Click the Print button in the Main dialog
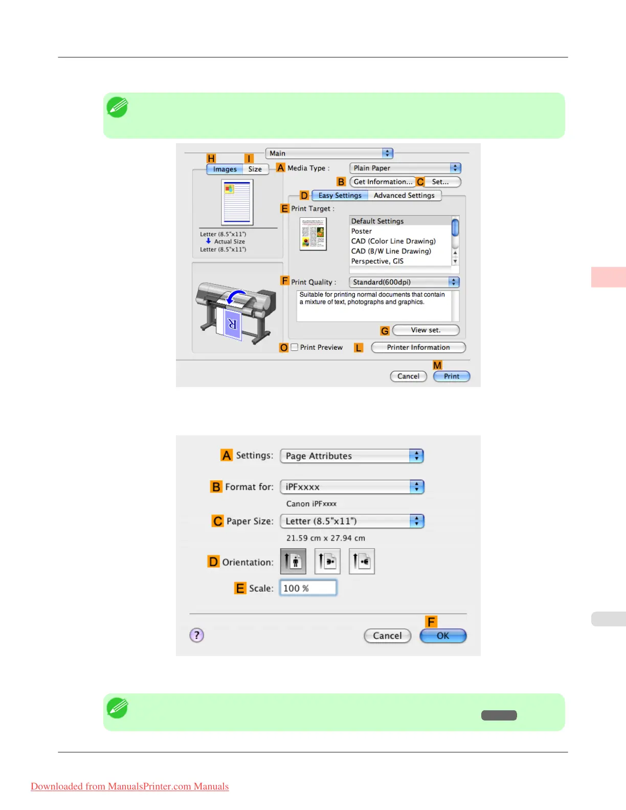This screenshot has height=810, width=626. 451,376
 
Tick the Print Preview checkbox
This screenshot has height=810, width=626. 295,347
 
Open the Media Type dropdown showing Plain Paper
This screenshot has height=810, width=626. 405,168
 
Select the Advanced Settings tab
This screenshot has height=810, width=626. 404,195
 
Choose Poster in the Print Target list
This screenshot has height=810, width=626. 362,231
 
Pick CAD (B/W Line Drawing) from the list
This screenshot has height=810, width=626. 391,251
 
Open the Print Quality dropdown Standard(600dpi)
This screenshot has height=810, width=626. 404,282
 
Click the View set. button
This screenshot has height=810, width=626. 426,330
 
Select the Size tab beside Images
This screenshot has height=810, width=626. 255,169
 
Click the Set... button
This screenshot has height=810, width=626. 440,182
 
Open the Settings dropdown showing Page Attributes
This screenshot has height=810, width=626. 352,456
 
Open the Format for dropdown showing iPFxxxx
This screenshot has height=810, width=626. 352,487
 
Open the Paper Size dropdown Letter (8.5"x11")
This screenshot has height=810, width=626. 352,521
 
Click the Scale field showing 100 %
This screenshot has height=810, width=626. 308,588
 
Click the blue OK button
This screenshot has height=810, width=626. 443,636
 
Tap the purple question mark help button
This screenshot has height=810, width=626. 197,635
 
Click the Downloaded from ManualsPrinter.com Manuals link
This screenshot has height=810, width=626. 130,786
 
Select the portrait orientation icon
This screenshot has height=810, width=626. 294,561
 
